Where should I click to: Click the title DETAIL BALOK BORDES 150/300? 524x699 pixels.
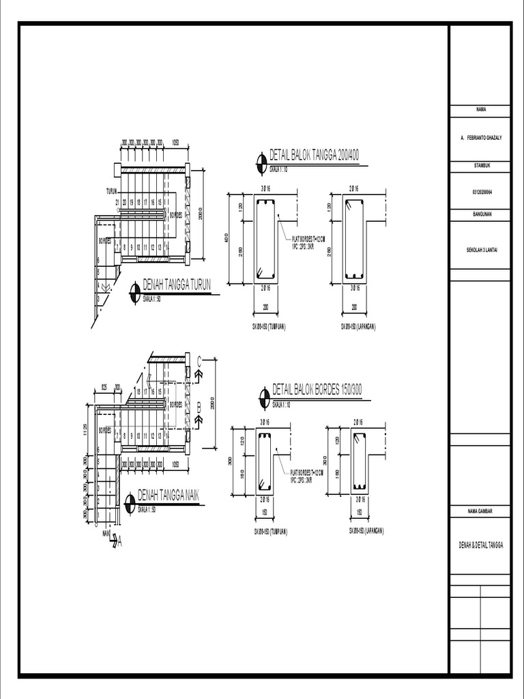(x=317, y=390)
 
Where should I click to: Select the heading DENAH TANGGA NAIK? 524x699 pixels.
(x=168, y=495)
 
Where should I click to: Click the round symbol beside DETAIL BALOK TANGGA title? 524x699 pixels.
(x=261, y=161)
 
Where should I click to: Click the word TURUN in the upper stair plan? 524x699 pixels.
(x=113, y=192)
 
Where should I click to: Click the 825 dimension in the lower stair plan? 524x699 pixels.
(x=104, y=387)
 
